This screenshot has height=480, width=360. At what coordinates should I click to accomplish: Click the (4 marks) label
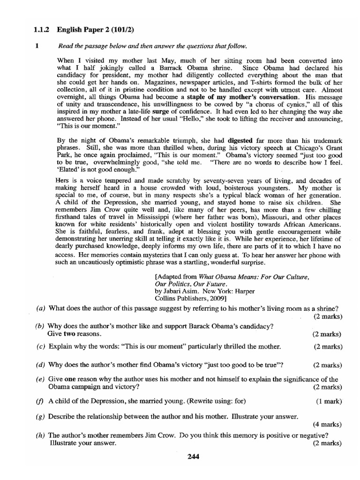[327, 424]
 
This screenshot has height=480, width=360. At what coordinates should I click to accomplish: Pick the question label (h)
[41, 435]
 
